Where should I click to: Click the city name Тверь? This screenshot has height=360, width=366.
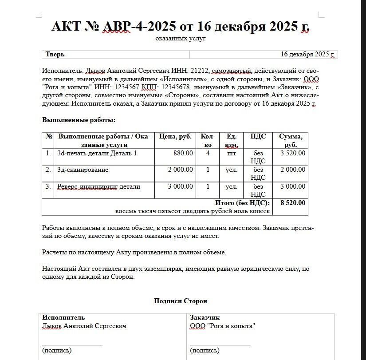pyautogui.click(x=55, y=55)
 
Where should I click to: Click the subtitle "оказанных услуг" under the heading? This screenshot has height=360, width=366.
pyautogui.click(x=181, y=39)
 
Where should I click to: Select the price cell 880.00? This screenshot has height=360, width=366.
pyautogui.click(x=183, y=154)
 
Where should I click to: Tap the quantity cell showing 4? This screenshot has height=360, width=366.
pyautogui.click(x=208, y=154)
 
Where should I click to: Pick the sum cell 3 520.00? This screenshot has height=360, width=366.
pyautogui.click(x=293, y=154)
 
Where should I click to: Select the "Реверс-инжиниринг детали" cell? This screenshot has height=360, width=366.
pyautogui.click(x=98, y=186)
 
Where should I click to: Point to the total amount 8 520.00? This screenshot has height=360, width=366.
pyautogui.click(x=293, y=203)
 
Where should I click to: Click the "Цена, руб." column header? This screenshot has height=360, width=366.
pyautogui.click(x=175, y=136)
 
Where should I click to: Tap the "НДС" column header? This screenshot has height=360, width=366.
pyautogui.click(x=258, y=136)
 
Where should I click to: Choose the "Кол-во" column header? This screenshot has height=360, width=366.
pyautogui.click(x=208, y=140)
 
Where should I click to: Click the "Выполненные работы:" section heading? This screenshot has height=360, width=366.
pyautogui.click(x=79, y=120)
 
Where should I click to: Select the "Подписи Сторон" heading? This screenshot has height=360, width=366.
pyautogui.click(x=181, y=301)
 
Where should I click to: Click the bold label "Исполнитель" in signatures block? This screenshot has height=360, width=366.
pyautogui.click(x=63, y=317)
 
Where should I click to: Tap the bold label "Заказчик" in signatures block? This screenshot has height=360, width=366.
pyautogui.click(x=205, y=317)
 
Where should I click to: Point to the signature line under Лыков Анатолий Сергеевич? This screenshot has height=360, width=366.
pyautogui.click(x=72, y=344)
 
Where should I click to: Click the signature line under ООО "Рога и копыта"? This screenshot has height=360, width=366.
pyautogui.click(x=220, y=344)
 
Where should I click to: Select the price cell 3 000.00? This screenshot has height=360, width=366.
pyautogui.click(x=181, y=186)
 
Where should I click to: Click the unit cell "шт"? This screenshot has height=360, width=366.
pyautogui.click(x=232, y=154)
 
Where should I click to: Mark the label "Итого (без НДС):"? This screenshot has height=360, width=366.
pyautogui.click(x=242, y=203)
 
